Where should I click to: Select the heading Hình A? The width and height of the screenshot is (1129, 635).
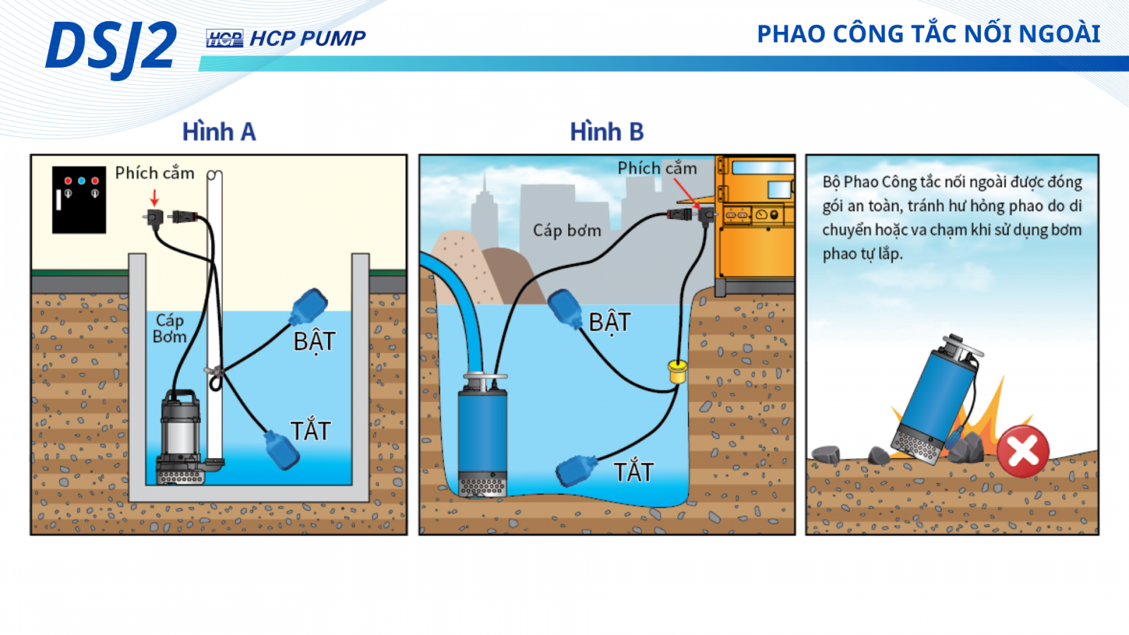tap(219, 132)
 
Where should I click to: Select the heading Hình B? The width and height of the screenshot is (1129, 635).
tap(607, 132)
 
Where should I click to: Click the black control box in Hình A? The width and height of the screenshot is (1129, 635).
tap(79, 200)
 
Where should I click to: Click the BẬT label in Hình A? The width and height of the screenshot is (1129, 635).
tap(314, 341)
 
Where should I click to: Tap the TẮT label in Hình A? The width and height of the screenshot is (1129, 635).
tap(310, 430)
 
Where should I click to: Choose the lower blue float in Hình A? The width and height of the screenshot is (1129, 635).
tap(282, 450)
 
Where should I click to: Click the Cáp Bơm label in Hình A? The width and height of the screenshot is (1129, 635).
tap(169, 329)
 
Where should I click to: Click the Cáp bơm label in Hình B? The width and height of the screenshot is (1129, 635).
tap(567, 231)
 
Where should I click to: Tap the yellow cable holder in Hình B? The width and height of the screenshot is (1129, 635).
tap(677, 370)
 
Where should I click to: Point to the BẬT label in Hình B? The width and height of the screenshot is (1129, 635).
tap(610, 322)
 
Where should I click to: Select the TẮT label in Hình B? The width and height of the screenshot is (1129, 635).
tap(633, 472)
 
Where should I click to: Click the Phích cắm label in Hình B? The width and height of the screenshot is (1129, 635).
tap(657, 169)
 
